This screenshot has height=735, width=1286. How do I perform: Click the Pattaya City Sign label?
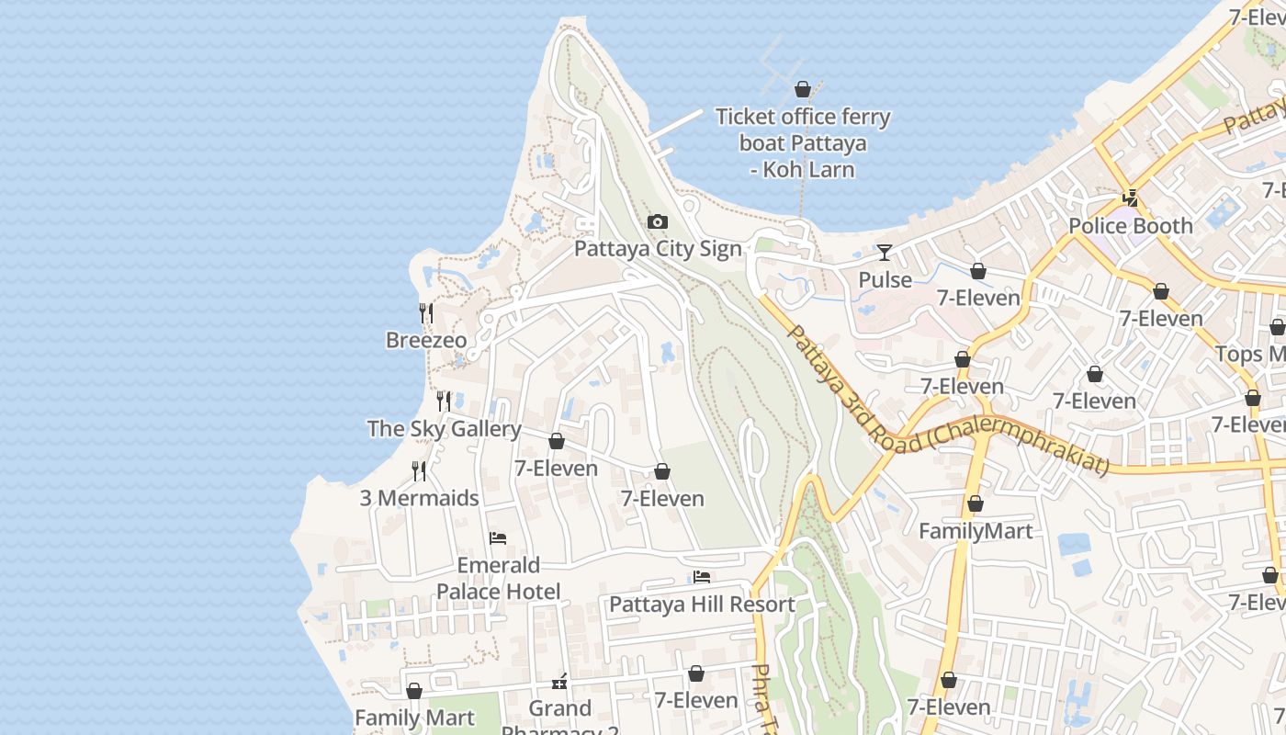(658, 249)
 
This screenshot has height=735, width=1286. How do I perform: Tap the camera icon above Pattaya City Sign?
(658, 222)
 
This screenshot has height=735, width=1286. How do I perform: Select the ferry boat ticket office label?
(803, 143)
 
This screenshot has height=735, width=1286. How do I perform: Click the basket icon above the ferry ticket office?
(803, 89)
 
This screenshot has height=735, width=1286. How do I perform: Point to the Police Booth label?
(1131, 226)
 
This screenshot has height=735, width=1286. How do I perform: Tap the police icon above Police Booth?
(1131, 198)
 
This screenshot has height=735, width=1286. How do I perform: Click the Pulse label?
(885, 279)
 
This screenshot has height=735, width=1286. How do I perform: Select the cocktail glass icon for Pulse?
(885, 253)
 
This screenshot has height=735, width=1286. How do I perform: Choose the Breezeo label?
(426, 340)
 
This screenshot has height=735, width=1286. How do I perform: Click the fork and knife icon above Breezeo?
(426, 313)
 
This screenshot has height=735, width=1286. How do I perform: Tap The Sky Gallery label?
(445, 429)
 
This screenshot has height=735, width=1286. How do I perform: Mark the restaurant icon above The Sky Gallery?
(444, 401)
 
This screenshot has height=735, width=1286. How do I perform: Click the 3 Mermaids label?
(419, 498)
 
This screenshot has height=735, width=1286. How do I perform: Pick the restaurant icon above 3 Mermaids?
(419, 471)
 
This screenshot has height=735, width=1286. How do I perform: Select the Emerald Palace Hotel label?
(498, 578)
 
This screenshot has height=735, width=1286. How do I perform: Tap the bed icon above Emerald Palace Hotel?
(498, 538)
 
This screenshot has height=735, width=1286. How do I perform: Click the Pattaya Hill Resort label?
(702, 605)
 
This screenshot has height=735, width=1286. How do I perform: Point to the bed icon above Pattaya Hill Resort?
(702, 577)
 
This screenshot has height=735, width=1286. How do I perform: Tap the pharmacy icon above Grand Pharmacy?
(559, 682)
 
